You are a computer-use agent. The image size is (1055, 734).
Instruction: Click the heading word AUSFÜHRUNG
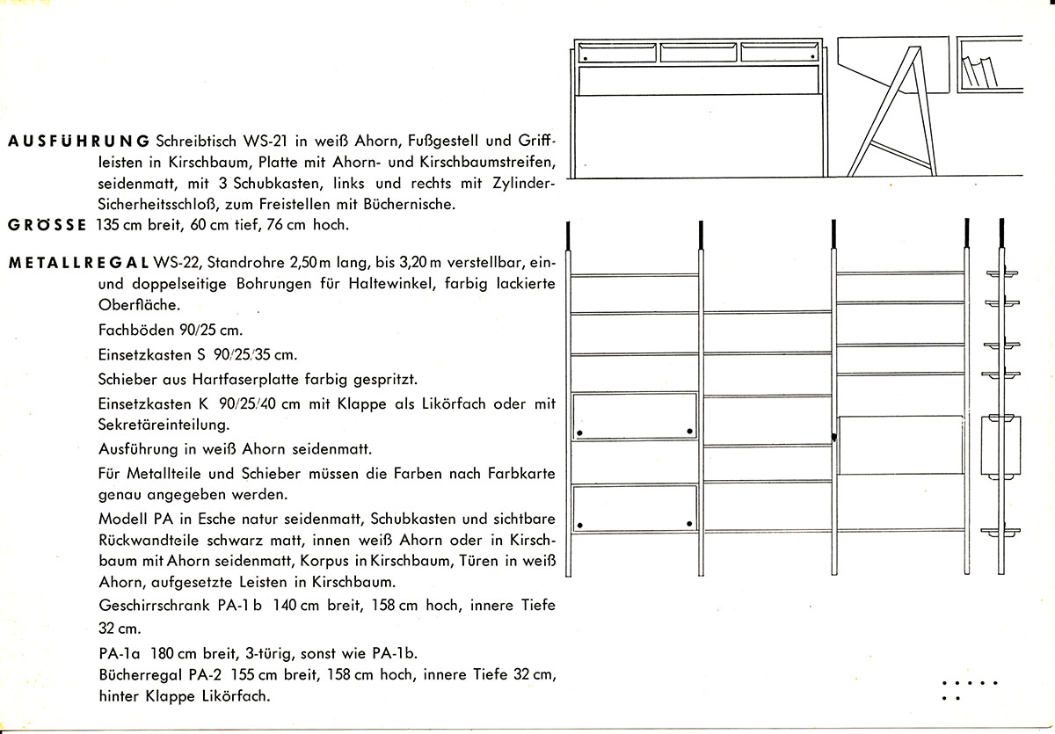point(78,142)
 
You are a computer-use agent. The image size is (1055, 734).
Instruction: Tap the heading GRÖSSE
point(47,225)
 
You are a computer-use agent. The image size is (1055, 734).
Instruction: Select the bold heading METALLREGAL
point(78,263)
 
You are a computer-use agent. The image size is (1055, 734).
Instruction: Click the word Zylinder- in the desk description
point(524,183)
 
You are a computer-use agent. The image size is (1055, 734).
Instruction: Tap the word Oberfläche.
point(139,305)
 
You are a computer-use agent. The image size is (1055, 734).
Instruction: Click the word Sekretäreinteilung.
point(164,425)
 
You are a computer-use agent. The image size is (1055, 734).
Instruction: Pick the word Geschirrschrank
point(154,605)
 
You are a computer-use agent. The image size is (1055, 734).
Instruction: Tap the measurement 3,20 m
point(419,262)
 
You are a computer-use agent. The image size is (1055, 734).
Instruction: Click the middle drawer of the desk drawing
point(698,53)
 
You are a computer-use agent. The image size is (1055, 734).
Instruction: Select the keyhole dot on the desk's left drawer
point(586,58)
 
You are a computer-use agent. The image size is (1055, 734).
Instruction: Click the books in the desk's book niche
point(979,71)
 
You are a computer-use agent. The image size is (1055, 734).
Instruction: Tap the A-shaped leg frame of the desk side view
point(891,111)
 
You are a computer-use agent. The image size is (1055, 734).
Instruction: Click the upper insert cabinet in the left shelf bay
point(635,417)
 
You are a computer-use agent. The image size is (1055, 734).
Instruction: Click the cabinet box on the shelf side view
point(1001,446)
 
